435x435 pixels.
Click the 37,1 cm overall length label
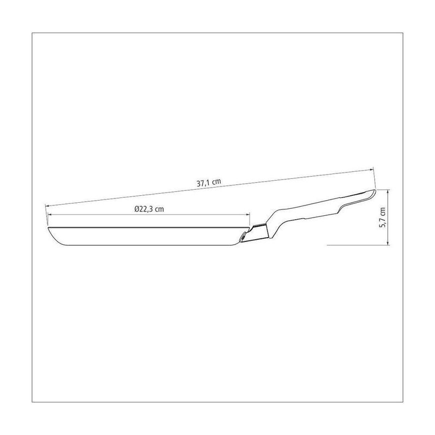[x=209, y=183]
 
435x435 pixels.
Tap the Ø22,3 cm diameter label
[x=149, y=209]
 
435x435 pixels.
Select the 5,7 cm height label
[x=382, y=217]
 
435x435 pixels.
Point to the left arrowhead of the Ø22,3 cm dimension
[x=51, y=214]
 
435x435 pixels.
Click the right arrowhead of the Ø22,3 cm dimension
[x=247, y=214]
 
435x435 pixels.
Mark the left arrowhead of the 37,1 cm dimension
[x=48, y=206]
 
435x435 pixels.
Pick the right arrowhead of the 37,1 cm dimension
[x=370, y=170]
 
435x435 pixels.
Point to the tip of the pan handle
[x=375, y=191]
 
